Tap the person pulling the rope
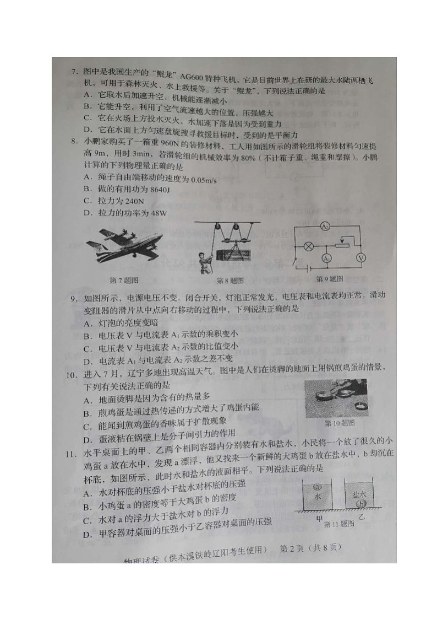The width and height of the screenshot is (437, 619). [x=206, y=259]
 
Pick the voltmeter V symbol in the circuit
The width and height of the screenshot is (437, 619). [x=361, y=257]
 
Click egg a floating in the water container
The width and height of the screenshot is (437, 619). [x=317, y=487]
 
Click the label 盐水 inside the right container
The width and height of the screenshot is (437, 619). [x=360, y=494]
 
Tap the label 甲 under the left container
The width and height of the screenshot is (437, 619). [x=318, y=518]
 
